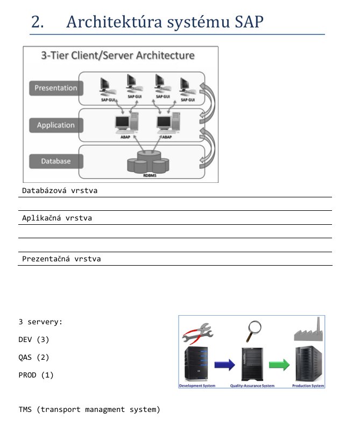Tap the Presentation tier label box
[55, 88]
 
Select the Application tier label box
[55, 125]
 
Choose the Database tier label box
[55, 161]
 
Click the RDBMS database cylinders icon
[144, 162]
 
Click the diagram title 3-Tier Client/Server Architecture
[118, 55]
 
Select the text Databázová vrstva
[60, 191]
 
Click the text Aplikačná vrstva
[57, 218]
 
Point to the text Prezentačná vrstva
[61, 259]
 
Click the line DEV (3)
[33, 340]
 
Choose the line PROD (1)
[36, 375]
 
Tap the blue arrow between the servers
[225, 365]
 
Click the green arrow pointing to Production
[279, 365]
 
